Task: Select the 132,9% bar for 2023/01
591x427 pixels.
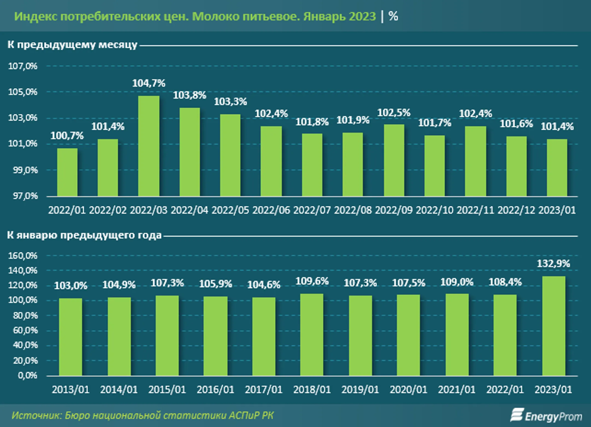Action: [x=554, y=326]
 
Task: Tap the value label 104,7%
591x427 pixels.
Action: [x=149, y=83]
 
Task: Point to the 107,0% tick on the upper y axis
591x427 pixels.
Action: [x=23, y=66]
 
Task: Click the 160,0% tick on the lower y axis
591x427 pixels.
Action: [x=23, y=256]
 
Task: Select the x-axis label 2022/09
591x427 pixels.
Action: [x=393, y=210]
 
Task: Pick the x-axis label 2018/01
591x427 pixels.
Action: [x=312, y=390]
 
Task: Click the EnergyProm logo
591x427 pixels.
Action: [x=546, y=416]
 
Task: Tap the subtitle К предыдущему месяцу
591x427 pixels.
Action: [x=72, y=45]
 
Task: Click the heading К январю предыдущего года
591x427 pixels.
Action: [x=84, y=235]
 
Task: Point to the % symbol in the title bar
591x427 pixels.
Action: [x=393, y=16]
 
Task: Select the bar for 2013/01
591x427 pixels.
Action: [x=71, y=337]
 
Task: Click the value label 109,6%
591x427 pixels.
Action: [x=312, y=281]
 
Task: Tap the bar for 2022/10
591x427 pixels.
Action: [x=434, y=166]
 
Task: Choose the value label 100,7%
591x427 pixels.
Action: [x=67, y=136]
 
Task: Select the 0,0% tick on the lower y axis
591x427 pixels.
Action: [x=28, y=375]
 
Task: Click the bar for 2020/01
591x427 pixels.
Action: [x=408, y=335]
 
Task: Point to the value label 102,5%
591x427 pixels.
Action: [x=394, y=113]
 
